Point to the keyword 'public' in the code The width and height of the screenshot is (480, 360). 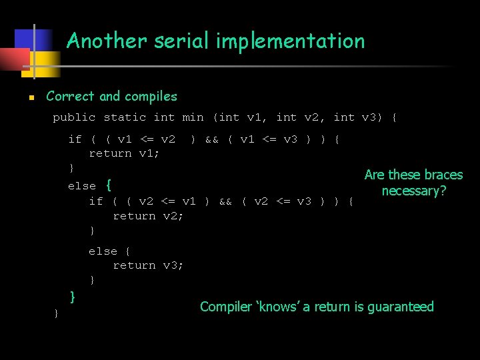74,117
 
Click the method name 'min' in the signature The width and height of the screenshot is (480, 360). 193,117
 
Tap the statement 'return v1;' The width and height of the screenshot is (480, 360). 124,153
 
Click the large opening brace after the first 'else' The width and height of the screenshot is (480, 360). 109,185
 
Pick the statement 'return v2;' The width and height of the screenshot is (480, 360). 148,216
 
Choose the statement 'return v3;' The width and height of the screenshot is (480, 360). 148,265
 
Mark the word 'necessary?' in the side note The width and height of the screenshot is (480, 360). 413,191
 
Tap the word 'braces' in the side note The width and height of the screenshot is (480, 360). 443,175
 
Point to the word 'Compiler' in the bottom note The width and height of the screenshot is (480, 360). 225,307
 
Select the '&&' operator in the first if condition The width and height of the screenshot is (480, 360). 211,139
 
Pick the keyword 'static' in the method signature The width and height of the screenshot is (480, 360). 125,117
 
